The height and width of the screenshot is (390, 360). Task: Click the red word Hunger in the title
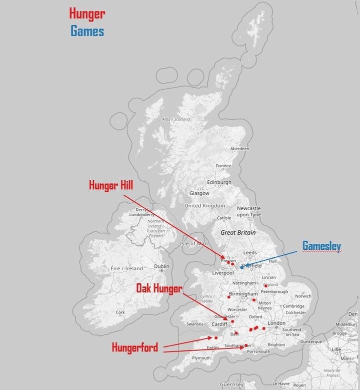[87, 14]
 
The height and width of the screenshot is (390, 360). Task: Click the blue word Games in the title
[87, 31]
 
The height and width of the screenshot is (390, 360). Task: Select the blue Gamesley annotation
[321, 246]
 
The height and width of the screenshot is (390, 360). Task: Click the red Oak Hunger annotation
[159, 289]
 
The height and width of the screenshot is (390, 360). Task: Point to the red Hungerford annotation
[134, 347]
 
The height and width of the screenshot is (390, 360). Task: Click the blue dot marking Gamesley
[241, 267]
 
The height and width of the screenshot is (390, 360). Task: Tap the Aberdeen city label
[239, 149]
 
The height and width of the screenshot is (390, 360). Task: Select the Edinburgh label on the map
[218, 182]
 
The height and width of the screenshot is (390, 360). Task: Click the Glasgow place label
[199, 193]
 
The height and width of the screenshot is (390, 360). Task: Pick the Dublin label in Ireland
[161, 266]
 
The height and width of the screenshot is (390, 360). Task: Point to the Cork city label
[120, 312]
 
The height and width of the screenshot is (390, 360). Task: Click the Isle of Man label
[193, 243]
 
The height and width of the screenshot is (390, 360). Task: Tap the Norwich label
[303, 296]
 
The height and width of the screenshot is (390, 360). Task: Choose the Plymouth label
[201, 358]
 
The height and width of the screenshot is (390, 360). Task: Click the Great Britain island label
[238, 232]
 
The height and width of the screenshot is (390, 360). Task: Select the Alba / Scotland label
[176, 119]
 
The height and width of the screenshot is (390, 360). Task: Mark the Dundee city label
[223, 166]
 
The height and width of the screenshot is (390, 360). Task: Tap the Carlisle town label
[223, 218]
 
